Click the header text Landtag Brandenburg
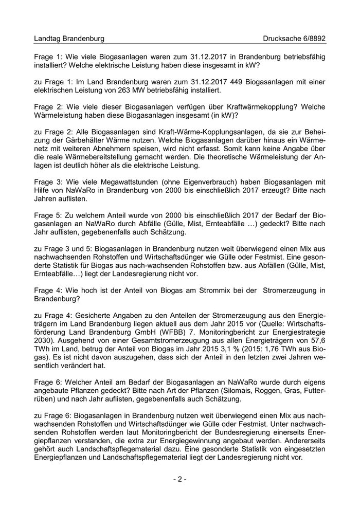69,39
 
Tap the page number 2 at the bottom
179,479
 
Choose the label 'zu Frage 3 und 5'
62,249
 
